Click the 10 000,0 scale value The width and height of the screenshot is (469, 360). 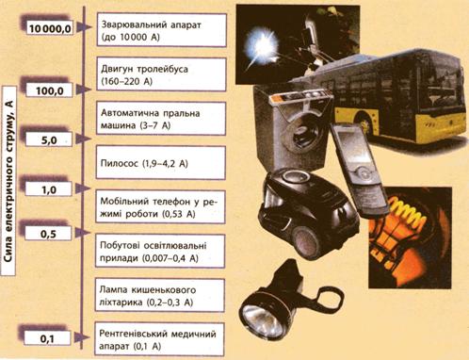click(50, 28)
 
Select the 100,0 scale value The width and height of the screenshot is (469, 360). click(50, 91)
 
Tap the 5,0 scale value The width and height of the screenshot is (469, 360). click(49, 140)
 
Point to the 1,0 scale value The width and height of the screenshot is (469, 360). click(49, 189)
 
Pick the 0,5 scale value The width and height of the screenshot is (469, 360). click(48, 234)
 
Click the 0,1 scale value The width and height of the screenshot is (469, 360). click(47, 339)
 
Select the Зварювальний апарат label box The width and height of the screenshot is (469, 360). click(162, 30)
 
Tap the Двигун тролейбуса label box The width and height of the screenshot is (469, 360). click(161, 74)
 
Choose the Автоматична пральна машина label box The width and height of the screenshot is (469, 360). click(161, 119)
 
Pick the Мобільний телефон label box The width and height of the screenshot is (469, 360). click(160, 207)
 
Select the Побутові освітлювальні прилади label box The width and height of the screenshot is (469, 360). click(160, 252)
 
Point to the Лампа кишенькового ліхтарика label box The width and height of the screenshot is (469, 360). click(160, 295)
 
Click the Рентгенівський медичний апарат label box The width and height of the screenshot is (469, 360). click(159, 339)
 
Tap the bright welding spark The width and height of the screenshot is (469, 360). click(261, 46)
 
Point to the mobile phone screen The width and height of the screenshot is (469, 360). click(348, 147)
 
